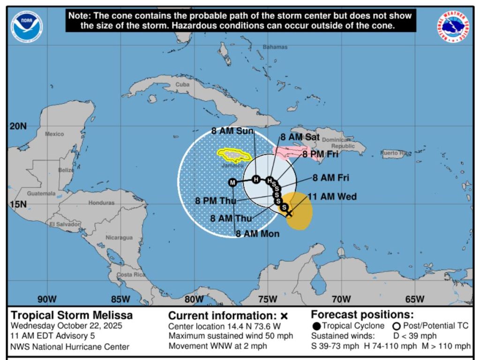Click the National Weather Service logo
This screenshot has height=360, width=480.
[454, 28]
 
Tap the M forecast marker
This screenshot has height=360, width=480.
[232, 182]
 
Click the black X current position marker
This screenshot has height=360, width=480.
[289, 213]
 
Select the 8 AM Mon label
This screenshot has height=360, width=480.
[257, 234]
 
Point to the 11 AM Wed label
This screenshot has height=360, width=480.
[332, 196]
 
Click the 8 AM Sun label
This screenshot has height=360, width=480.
[232, 131]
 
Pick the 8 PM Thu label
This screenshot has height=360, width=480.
[216, 201]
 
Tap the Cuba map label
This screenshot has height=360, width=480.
[182, 85]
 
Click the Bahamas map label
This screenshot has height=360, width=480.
[275, 47]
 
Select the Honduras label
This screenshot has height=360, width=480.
[101, 203]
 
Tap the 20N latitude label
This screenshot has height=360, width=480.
[18, 126]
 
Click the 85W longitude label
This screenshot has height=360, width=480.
[120, 300]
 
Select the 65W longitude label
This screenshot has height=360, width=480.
[415, 300]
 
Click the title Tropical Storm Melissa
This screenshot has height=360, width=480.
[72, 315]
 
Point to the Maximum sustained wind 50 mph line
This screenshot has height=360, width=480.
[230, 336]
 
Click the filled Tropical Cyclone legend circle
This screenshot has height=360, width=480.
[317, 326]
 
